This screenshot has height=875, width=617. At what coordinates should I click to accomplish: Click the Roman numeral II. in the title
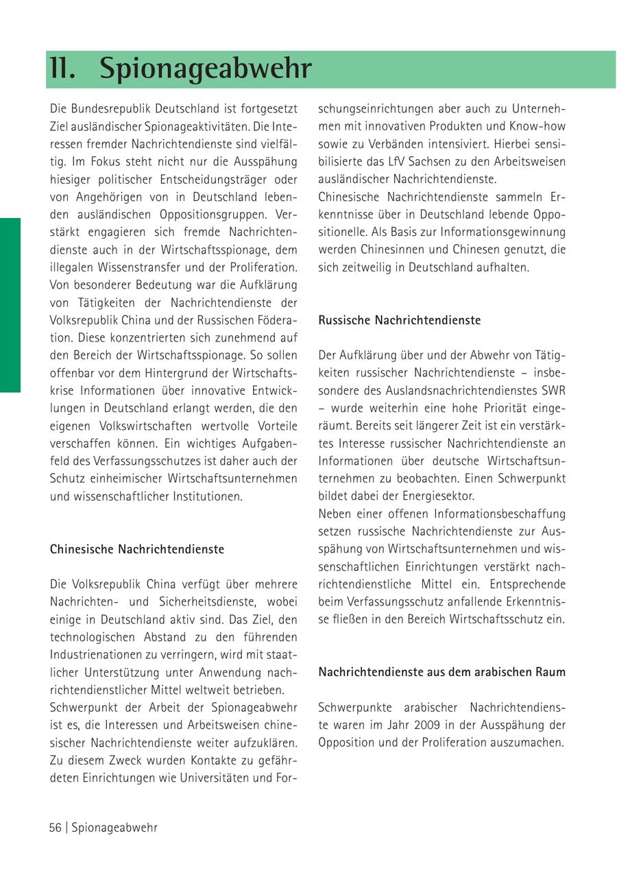(x=62, y=69)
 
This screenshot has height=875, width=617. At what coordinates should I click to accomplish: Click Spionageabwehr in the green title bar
(x=206, y=69)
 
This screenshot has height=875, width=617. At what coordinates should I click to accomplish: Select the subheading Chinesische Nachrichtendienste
(x=137, y=549)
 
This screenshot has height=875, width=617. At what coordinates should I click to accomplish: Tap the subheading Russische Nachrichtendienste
(x=400, y=320)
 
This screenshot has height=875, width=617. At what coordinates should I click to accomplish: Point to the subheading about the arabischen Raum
(x=442, y=672)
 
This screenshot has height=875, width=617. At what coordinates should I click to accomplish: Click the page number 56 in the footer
(x=55, y=828)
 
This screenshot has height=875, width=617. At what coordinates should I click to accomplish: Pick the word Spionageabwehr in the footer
(x=114, y=828)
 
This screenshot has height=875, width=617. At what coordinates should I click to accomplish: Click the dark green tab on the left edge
(x=10, y=305)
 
